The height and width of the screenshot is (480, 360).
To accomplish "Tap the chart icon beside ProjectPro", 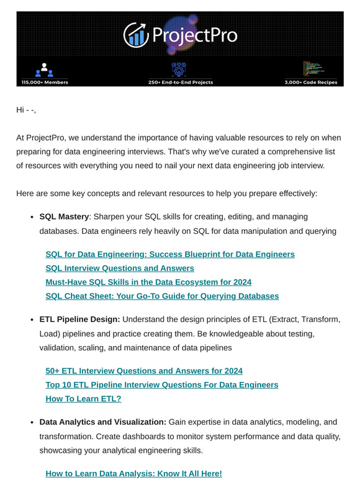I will coord(135,35).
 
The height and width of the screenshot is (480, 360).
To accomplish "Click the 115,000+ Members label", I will coord(45,82).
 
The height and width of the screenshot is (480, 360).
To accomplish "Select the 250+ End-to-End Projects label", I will coord(180,82).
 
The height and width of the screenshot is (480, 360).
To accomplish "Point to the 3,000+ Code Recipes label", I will coord(314,82).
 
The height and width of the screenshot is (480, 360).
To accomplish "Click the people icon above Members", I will coord(44,69).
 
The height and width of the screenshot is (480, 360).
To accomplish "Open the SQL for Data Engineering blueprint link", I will coord(170,254).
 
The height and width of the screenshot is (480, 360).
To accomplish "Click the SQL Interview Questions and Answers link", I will coord(120,268).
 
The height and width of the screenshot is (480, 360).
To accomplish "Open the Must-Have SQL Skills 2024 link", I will coord(148,282).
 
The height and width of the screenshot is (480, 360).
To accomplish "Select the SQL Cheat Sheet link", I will coord(162,296).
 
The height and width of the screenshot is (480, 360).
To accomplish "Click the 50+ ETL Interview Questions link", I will coord(144,371).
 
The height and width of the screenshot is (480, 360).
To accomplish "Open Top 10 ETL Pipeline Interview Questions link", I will coord(162,384).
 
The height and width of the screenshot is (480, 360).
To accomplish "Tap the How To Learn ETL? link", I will coord(83,399).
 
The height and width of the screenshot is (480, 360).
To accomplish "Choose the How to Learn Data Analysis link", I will coord(133,473).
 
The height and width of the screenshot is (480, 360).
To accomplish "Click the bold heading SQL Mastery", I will coord(64,217).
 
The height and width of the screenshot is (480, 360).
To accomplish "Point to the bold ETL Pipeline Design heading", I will coord(79,319).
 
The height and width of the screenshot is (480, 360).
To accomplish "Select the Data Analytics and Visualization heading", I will coord(103,422).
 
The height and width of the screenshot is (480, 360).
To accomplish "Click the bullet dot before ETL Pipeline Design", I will coord(32,320).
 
